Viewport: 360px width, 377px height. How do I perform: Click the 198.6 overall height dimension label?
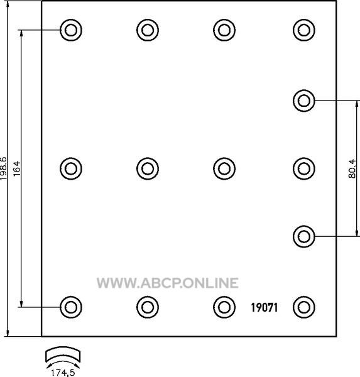(4, 168)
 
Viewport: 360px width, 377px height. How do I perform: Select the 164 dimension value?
(17, 168)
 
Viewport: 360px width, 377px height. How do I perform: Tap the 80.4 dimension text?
(352, 168)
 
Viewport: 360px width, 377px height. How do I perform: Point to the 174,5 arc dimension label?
(63, 373)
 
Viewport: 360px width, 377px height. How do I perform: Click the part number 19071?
(265, 307)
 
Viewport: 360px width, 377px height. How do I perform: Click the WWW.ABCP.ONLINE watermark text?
(167, 283)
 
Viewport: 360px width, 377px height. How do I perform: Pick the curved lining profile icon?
(63, 354)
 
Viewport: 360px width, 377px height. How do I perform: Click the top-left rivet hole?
(71, 30)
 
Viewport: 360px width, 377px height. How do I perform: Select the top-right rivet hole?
(304, 30)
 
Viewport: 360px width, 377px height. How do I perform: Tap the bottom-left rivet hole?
(71, 307)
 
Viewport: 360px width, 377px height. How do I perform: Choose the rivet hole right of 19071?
(304, 307)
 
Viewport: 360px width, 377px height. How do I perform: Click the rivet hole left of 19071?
(224, 307)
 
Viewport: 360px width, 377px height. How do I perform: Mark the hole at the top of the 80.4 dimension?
(304, 101)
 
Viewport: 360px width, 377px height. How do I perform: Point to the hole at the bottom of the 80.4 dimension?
(304, 237)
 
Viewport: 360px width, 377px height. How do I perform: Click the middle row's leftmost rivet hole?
(71, 168)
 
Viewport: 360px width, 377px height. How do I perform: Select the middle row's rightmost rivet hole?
(304, 168)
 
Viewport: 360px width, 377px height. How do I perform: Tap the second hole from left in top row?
(148, 30)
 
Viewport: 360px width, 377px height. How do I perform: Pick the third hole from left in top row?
(224, 30)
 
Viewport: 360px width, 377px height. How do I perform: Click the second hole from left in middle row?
(148, 168)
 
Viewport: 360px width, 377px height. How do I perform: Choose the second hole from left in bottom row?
(148, 307)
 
